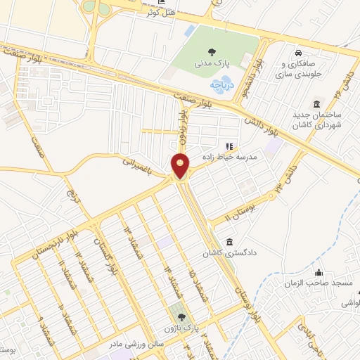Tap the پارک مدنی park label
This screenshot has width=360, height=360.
[211, 62]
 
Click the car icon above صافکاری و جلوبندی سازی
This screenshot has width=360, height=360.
[298, 53]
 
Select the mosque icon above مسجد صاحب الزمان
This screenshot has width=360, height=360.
[320, 272]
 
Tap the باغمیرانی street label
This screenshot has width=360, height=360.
[136, 166]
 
